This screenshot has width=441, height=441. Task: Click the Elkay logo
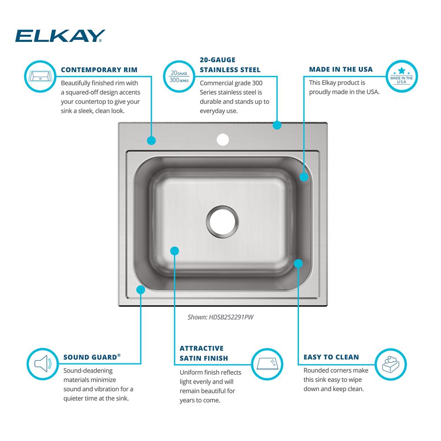(x=60, y=36)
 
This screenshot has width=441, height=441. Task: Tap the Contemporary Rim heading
(x=99, y=70)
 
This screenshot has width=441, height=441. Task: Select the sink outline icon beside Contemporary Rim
(x=41, y=76)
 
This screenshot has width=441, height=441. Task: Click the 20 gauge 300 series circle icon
(x=179, y=76)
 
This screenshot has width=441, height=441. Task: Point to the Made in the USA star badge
(x=402, y=76)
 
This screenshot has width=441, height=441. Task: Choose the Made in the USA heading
(x=341, y=69)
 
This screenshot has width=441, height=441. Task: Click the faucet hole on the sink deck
(x=223, y=140)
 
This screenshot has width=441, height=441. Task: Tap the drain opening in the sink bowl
(x=222, y=222)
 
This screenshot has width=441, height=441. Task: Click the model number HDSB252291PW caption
(x=220, y=317)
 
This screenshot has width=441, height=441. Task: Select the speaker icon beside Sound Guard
(x=43, y=364)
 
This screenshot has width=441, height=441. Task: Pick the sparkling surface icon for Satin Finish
(x=267, y=364)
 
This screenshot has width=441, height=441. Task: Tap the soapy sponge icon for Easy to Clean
(x=391, y=365)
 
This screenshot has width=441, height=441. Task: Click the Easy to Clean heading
(x=331, y=357)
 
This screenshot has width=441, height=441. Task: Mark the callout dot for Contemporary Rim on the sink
(x=151, y=140)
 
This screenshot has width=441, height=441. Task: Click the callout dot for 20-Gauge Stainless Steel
(x=277, y=125)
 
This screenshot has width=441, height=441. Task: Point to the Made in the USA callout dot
(x=304, y=177)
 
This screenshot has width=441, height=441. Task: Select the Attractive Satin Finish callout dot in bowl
(x=175, y=251)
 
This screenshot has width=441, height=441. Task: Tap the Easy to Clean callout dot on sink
(x=298, y=264)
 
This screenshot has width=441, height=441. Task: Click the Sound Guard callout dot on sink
(x=141, y=289)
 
